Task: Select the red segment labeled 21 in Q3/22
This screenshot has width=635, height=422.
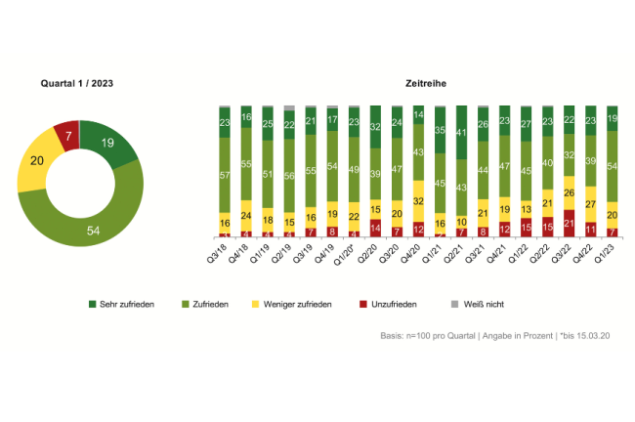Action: pos(569,223)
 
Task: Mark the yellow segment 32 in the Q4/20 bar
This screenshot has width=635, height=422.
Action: pos(418,200)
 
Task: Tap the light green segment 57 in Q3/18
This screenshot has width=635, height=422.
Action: pos(225,175)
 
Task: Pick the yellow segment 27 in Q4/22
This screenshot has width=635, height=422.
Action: pos(590,203)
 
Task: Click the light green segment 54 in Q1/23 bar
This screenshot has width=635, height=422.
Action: pos(612,167)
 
